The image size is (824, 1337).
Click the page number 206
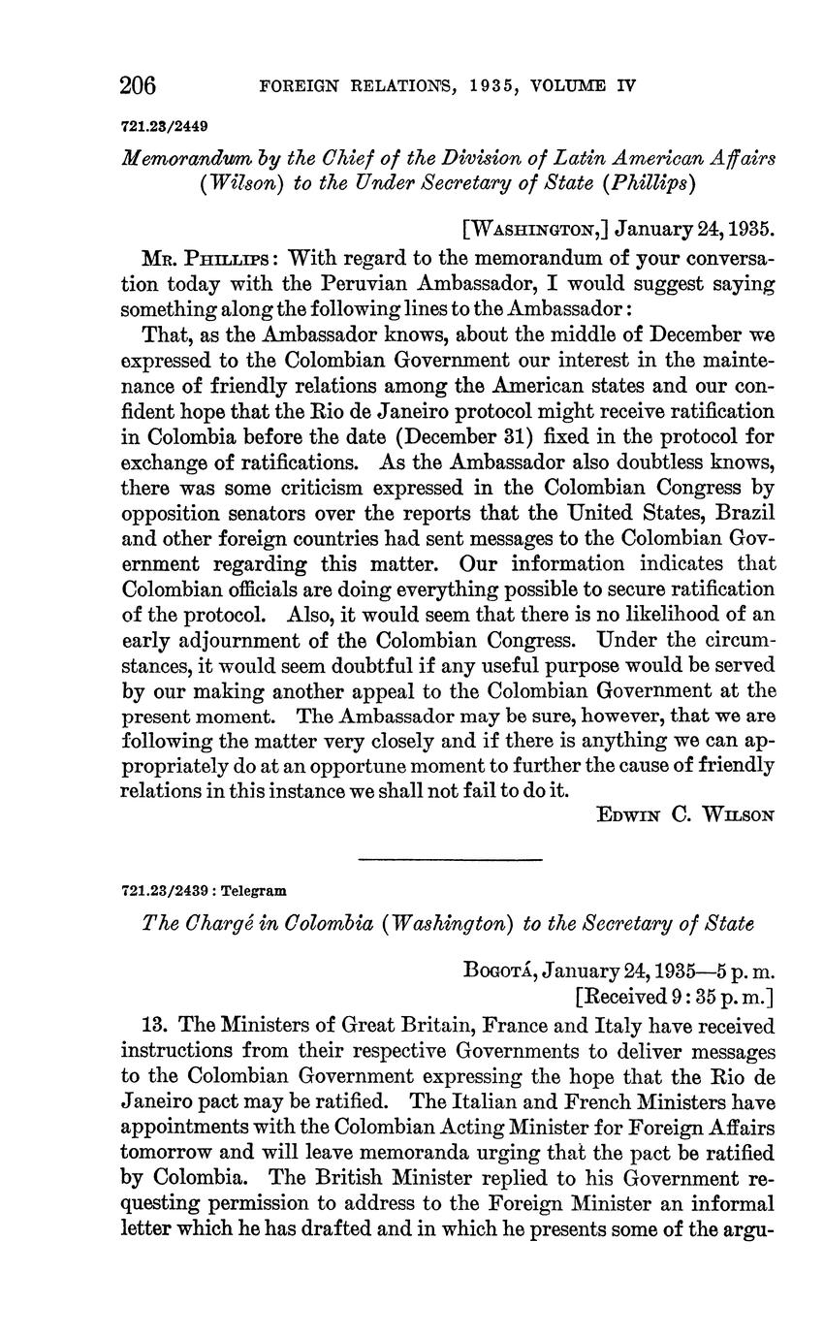(x=138, y=85)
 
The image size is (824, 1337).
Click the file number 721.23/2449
(x=165, y=126)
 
